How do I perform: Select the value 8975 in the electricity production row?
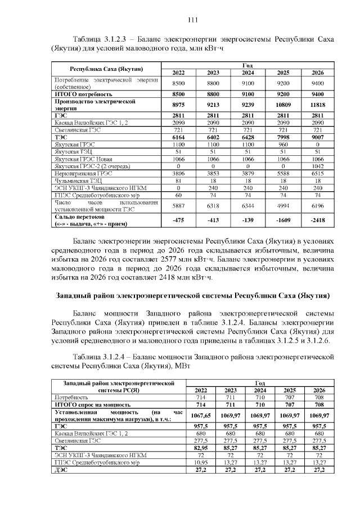click(178, 105)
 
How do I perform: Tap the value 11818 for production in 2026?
click(318, 105)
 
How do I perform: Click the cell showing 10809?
click(283, 105)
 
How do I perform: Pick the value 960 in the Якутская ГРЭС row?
click(283, 144)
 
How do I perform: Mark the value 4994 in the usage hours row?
click(283, 206)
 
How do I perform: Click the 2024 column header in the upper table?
click(248, 73)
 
